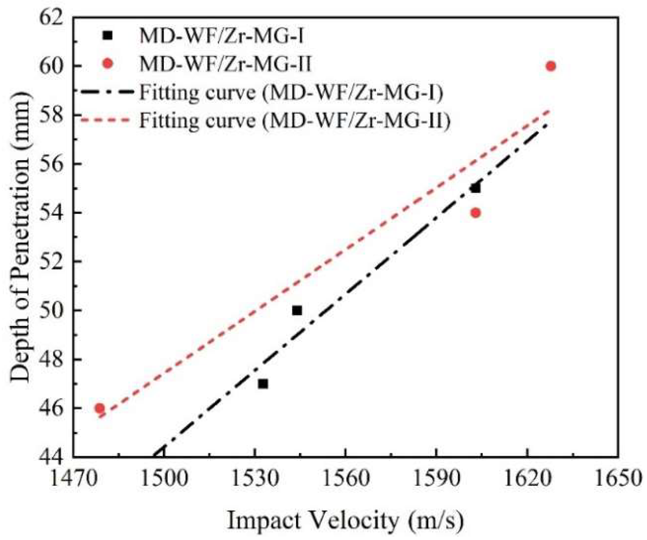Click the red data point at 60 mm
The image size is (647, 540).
(x=551, y=66)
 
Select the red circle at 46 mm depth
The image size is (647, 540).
(x=99, y=408)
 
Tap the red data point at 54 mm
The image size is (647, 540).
(x=475, y=213)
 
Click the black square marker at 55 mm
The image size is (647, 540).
(x=475, y=188)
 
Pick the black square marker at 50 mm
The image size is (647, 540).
(x=297, y=311)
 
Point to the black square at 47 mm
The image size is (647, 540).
(x=263, y=384)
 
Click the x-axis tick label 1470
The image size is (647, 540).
(x=73, y=478)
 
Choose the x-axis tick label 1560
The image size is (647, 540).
(x=346, y=478)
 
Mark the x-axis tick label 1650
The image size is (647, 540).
(x=618, y=478)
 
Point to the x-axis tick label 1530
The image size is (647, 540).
(x=255, y=478)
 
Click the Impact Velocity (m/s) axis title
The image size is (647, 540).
(x=345, y=521)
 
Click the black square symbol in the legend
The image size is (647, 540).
(x=107, y=35)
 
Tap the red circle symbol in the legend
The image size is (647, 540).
(x=107, y=64)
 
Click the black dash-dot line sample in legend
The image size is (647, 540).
(x=106, y=92)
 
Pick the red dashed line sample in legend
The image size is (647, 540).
(x=106, y=120)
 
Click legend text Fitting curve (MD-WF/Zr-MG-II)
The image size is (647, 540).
(x=294, y=120)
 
